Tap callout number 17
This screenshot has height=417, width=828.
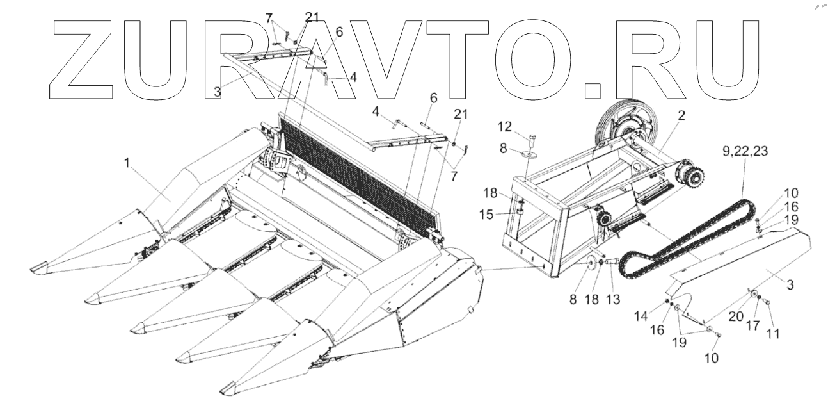(x=753, y=325)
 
